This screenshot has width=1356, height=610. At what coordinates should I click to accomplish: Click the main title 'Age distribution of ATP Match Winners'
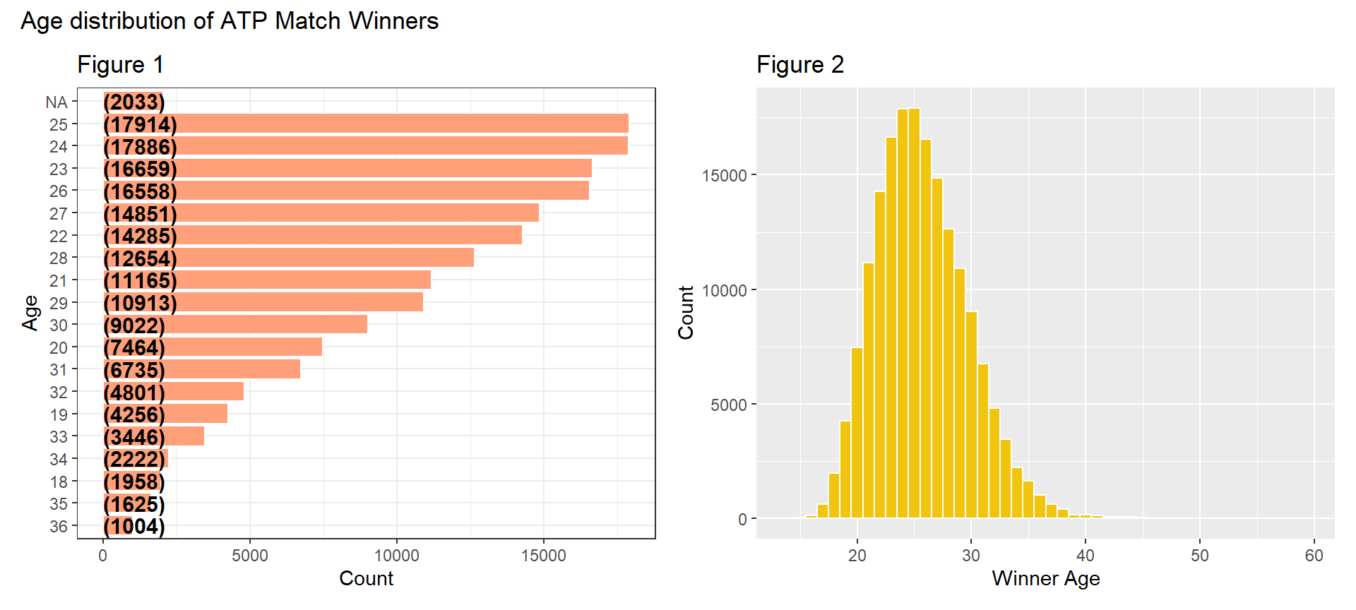point(230,21)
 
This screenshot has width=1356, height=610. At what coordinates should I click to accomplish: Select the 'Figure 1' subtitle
point(120,65)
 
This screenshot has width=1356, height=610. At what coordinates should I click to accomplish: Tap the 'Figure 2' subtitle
point(799,65)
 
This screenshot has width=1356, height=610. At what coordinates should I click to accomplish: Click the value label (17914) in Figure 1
point(140,124)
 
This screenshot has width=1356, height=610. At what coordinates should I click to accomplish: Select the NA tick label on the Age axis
point(56,102)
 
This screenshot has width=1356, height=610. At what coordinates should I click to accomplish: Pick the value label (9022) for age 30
point(134,325)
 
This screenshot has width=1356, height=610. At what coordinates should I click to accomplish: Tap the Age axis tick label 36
point(59,527)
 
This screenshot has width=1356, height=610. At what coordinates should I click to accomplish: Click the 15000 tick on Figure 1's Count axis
point(543,556)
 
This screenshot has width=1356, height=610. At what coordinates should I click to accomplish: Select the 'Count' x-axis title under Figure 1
point(366,578)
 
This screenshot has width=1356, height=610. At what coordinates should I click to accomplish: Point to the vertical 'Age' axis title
point(30,313)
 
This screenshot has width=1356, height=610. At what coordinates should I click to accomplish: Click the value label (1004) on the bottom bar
point(134,527)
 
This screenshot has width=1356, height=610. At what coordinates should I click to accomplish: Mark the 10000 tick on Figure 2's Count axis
point(724,290)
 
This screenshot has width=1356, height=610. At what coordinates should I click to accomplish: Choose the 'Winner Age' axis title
point(1045,578)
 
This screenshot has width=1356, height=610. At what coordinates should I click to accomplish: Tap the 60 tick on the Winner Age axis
point(1314,556)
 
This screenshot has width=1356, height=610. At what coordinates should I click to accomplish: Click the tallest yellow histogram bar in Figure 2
point(914,318)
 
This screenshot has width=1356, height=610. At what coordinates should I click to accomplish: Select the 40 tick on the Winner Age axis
point(1085,556)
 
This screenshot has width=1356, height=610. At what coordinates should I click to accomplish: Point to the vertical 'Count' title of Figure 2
point(686,313)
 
